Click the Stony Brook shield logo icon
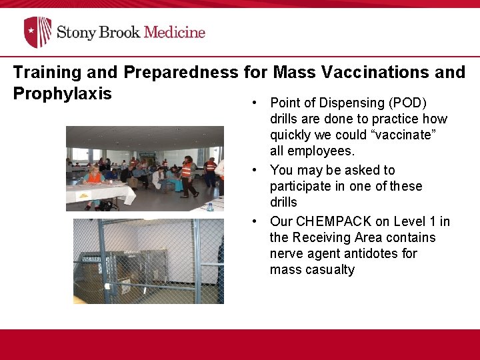37,32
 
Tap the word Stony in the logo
74,32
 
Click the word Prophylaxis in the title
62,93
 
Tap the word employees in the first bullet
323,151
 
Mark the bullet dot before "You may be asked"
255,170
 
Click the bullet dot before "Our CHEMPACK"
255,221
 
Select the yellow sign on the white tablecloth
84,195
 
